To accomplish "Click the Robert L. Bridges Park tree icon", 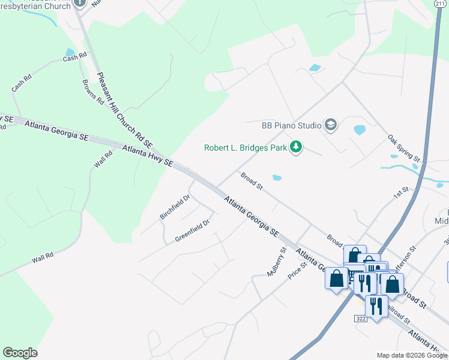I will click(x=295, y=147).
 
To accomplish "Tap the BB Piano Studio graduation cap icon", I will click(x=330, y=125).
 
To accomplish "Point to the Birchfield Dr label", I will click(x=175, y=206).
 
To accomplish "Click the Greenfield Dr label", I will click(x=192, y=230).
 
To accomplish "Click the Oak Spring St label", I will click(x=403, y=148).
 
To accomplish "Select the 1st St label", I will click(x=401, y=193).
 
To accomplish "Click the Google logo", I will click(x=20, y=353).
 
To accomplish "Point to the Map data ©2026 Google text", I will click(x=412, y=355).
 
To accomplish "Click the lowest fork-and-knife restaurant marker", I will click(x=376, y=307).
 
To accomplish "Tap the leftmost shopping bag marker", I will click(x=336, y=278).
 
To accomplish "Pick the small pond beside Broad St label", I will click(x=277, y=178).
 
